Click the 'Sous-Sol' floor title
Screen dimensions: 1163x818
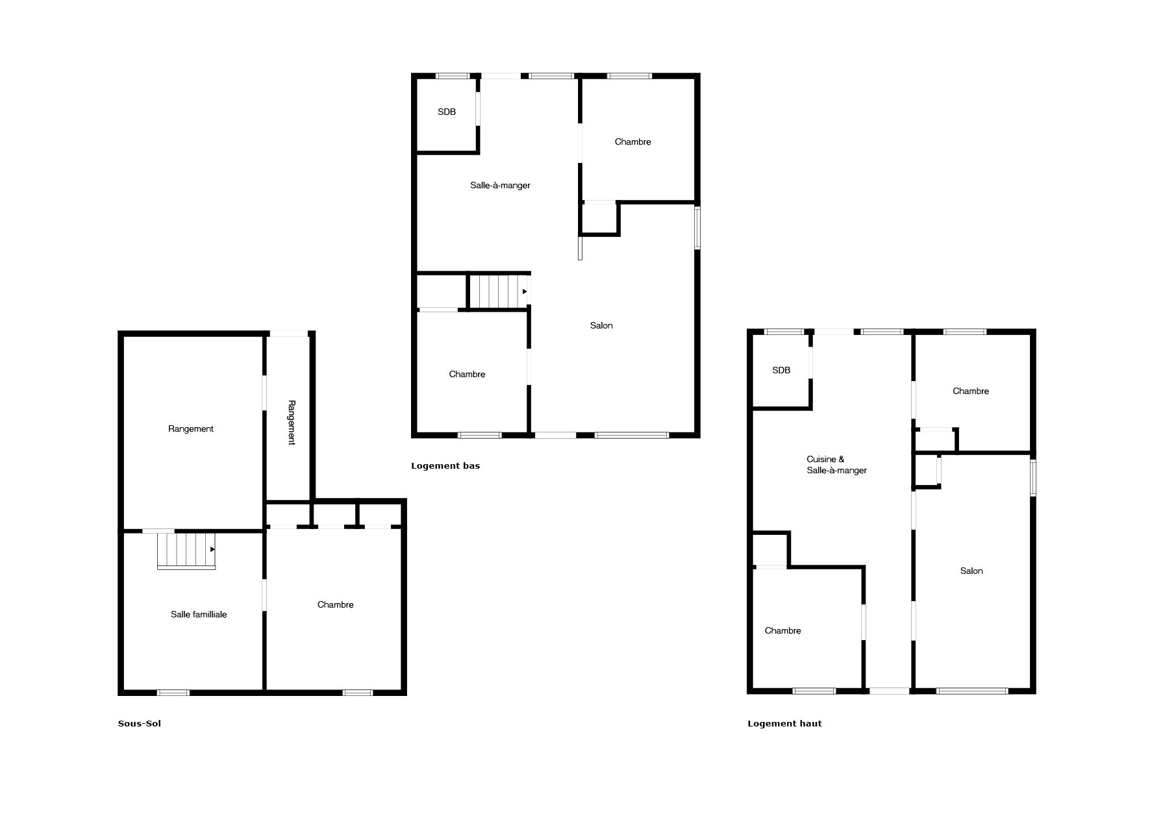pyautogui.click(x=140, y=723)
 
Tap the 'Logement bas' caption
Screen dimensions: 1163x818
pyautogui.click(x=445, y=465)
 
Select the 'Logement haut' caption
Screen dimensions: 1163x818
pyautogui.click(x=784, y=723)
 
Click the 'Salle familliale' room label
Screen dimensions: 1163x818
pyautogui.click(x=199, y=614)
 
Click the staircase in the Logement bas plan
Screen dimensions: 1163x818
pyautogui.click(x=498, y=291)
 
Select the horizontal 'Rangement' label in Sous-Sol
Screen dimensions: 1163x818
pyautogui.click(x=191, y=428)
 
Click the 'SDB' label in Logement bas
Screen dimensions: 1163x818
pyautogui.click(x=447, y=112)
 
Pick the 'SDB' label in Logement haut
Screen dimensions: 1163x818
pyautogui.click(x=781, y=370)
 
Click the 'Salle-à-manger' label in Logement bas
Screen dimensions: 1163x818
pyautogui.click(x=500, y=185)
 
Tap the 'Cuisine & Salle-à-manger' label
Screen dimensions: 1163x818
pyautogui.click(x=836, y=465)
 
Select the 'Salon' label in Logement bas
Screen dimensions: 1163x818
pyautogui.click(x=601, y=325)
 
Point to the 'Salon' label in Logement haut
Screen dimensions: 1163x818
pyautogui.click(x=971, y=571)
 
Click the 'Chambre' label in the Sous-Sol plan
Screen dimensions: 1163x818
pyautogui.click(x=336, y=604)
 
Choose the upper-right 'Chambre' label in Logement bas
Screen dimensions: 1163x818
pyautogui.click(x=633, y=142)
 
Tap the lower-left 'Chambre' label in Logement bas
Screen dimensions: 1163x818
pyautogui.click(x=468, y=374)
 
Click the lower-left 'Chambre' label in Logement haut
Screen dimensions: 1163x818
pyautogui.click(x=783, y=630)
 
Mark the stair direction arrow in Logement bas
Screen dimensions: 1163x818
pyautogui.click(x=525, y=291)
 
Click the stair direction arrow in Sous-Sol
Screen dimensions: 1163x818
pyautogui.click(x=212, y=549)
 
